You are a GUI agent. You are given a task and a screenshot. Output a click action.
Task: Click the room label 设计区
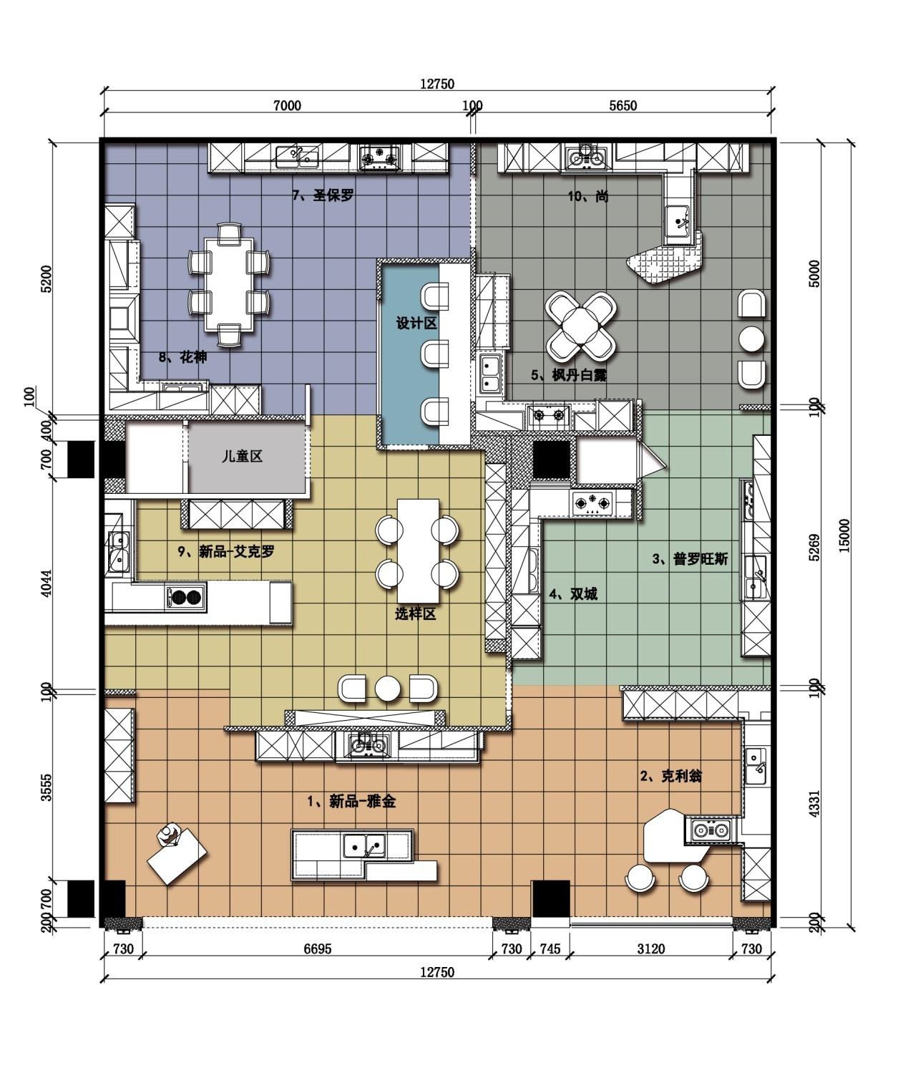416,324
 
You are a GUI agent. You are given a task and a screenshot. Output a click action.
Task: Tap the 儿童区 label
242,457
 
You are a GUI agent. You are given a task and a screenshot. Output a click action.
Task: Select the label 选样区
416,614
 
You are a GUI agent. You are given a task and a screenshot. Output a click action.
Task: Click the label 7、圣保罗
323,195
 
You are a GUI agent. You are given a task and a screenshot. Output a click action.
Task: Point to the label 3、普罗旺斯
690,558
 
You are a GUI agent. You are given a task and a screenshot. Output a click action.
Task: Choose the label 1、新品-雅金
352,801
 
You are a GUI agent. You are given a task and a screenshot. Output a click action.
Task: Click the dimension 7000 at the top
287,106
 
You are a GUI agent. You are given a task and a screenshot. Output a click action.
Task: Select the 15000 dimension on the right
844,535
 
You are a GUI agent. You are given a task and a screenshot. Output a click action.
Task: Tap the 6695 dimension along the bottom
318,949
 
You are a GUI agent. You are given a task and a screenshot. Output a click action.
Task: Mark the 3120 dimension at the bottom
651,949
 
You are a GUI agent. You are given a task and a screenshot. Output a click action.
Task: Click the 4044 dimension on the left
47,583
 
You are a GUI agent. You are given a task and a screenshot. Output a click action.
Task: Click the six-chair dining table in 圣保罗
229,284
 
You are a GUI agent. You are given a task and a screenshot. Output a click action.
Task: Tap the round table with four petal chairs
581,326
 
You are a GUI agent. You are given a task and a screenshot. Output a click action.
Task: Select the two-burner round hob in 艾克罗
185,598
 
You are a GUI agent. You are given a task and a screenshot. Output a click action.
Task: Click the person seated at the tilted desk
169,835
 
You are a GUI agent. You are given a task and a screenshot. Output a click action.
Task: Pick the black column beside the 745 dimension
551,899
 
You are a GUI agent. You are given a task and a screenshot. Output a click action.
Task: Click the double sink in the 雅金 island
364,845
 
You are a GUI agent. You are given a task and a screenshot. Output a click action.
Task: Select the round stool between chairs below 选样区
387,689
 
